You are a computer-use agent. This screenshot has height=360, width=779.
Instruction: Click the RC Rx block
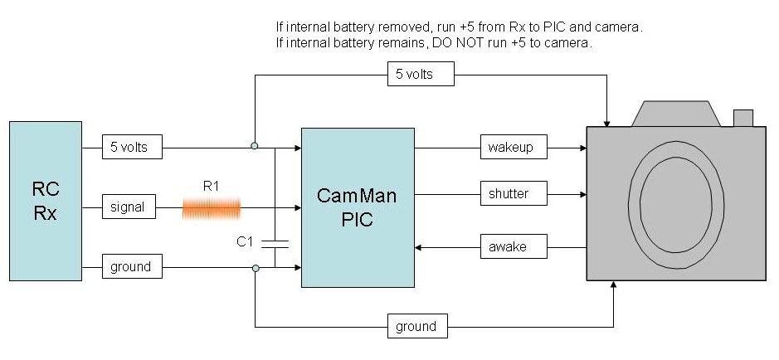[x=46, y=201]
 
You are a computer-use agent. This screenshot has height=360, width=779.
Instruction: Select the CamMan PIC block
[x=358, y=207]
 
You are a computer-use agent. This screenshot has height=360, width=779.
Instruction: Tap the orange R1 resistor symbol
[x=212, y=207]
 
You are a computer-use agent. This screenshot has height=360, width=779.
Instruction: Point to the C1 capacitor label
[x=245, y=242]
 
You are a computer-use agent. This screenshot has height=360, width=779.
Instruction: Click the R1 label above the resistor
[x=212, y=187]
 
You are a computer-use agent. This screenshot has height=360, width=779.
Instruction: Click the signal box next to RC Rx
[x=129, y=207]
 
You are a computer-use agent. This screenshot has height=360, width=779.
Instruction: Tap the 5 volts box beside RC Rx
[x=133, y=148]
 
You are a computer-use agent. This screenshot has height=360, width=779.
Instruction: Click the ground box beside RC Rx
[x=131, y=267]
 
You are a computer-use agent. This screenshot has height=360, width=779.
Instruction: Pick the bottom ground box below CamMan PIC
[x=417, y=326]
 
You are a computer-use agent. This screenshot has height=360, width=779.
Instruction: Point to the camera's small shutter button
[x=742, y=119]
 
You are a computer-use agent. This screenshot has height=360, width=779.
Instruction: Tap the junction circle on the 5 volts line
[x=255, y=146]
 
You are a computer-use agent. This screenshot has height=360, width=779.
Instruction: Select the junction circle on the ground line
[x=255, y=268]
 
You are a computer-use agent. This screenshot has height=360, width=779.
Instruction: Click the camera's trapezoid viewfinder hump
[x=673, y=114]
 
